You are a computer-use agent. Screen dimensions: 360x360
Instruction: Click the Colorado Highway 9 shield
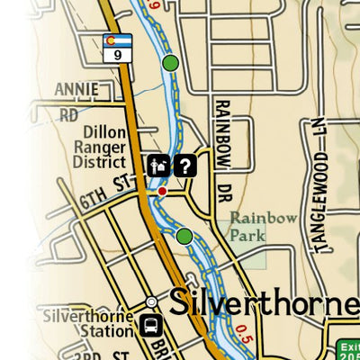pos(117,47)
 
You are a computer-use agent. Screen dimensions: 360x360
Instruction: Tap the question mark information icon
pos(184,165)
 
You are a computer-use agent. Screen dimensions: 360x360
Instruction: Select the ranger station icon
pos(157,165)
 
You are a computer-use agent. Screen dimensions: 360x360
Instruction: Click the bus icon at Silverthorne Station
pos(148,325)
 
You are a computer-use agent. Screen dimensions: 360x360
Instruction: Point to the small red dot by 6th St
pos(162,191)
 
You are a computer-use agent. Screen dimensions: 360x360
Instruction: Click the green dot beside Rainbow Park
pos(184,236)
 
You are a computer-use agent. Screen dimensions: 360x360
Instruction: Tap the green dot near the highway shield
pos(170,63)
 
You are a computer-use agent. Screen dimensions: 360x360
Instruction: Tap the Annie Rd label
pos(74,102)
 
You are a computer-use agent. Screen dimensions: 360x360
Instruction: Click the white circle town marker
pos(152,302)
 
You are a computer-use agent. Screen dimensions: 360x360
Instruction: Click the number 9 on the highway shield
pos(117,54)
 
